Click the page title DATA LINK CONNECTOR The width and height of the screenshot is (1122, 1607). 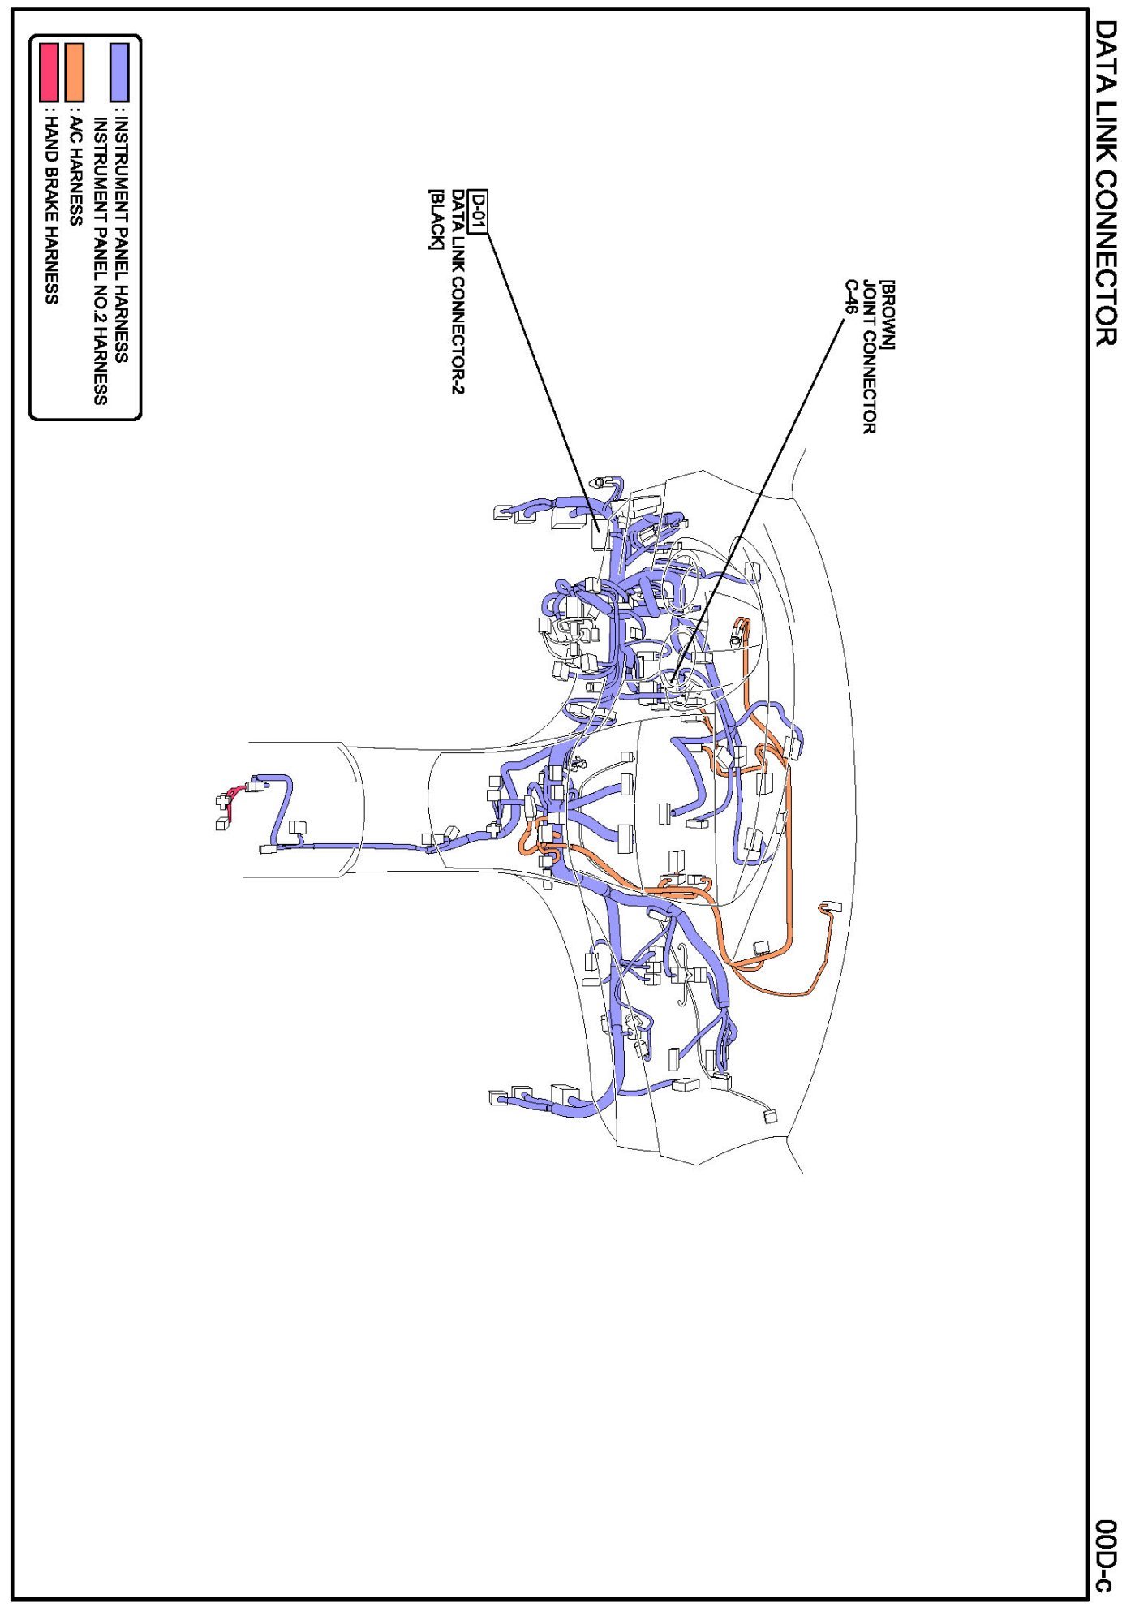1105,183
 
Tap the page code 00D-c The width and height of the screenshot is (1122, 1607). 1104,1554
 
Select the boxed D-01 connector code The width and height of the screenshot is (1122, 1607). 479,211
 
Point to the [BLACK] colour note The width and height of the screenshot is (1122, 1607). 436,219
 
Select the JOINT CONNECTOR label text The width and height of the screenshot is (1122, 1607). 869,357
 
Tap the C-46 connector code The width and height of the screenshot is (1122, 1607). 851,297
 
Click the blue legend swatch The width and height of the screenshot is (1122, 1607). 119,72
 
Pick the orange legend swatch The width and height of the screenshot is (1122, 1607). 75,72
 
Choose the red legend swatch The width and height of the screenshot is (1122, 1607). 49,72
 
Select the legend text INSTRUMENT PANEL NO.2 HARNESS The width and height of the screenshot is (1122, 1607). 101,261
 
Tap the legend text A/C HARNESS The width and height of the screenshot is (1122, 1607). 75,170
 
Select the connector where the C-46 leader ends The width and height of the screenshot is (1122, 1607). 673,679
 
